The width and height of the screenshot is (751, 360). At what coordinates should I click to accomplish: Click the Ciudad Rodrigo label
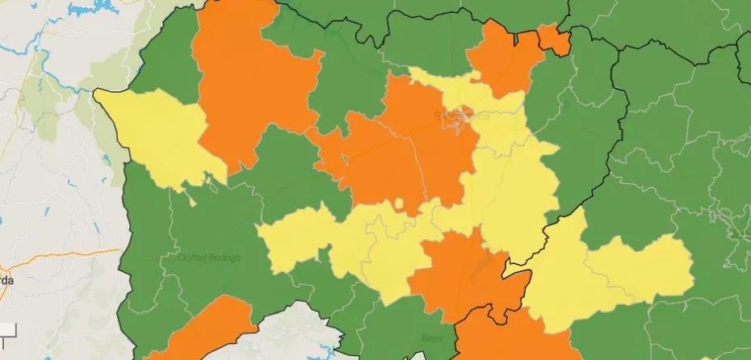[x=208, y=257]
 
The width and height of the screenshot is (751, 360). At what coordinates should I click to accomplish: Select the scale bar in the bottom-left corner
[x=8, y=329]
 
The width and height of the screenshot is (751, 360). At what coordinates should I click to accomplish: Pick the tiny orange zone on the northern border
[x=553, y=38]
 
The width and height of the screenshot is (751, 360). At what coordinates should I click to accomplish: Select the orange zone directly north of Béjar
[x=456, y=274]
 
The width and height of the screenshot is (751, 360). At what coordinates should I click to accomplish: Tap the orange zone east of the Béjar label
[x=517, y=339]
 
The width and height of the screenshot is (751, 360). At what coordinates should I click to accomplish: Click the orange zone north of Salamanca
[x=505, y=57]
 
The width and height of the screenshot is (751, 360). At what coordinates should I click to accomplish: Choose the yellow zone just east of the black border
[x=565, y=266]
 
